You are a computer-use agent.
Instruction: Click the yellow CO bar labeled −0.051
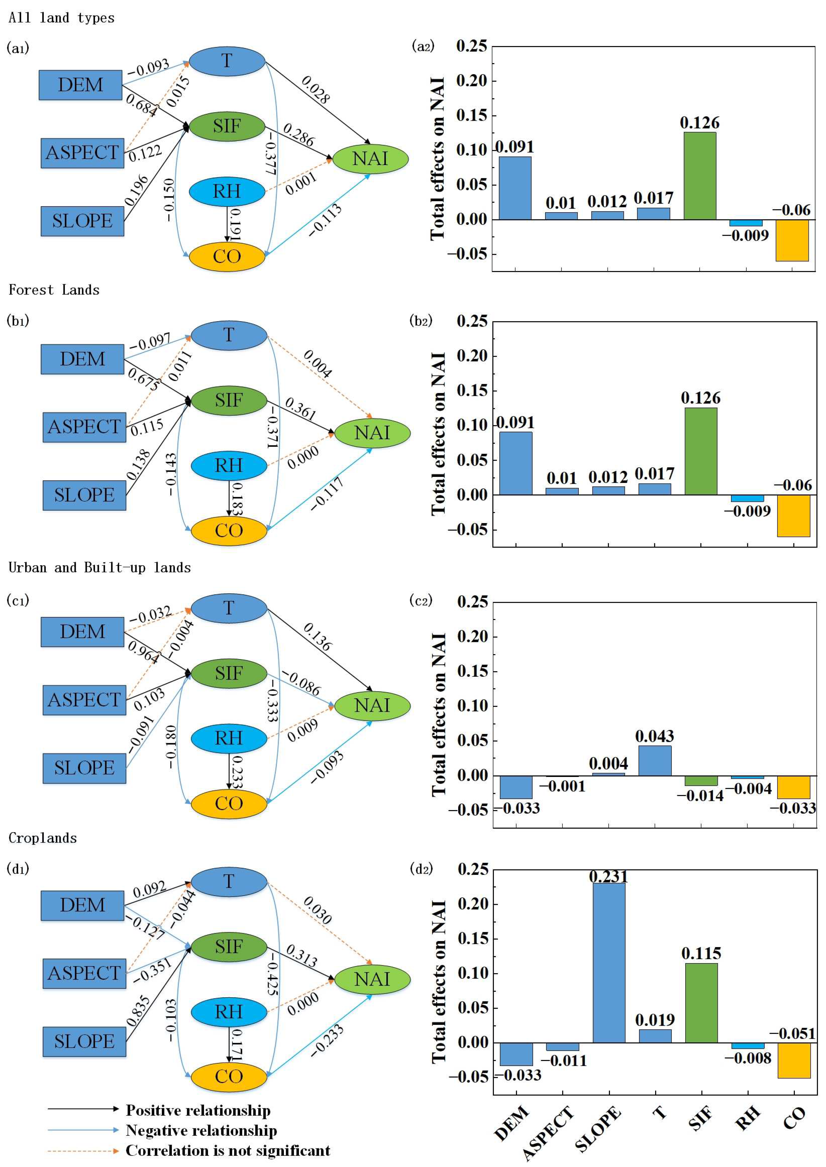pyautogui.click(x=794, y=1060)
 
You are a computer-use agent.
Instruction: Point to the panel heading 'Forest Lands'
pyautogui.click(x=54, y=290)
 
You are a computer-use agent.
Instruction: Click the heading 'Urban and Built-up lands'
pyautogui.click(x=100, y=567)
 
